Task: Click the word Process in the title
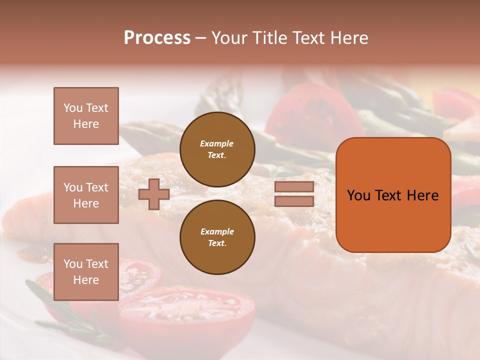[x=157, y=38]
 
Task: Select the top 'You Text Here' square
[x=86, y=116]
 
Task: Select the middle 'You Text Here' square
[x=86, y=195]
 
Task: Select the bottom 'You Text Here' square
[x=86, y=272]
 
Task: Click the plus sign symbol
[x=154, y=194]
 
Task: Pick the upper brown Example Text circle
[x=217, y=149]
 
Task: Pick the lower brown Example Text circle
[x=217, y=237]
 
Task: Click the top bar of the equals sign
[x=294, y=187]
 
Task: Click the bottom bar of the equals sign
[x=294, y=201]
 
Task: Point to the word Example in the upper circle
[x=216, y=143]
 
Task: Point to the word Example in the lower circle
[x=217, y=231]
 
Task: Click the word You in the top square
[x=72, y=108]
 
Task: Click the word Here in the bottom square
[x=86, y=280]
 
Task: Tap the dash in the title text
[x=201, y=38]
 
